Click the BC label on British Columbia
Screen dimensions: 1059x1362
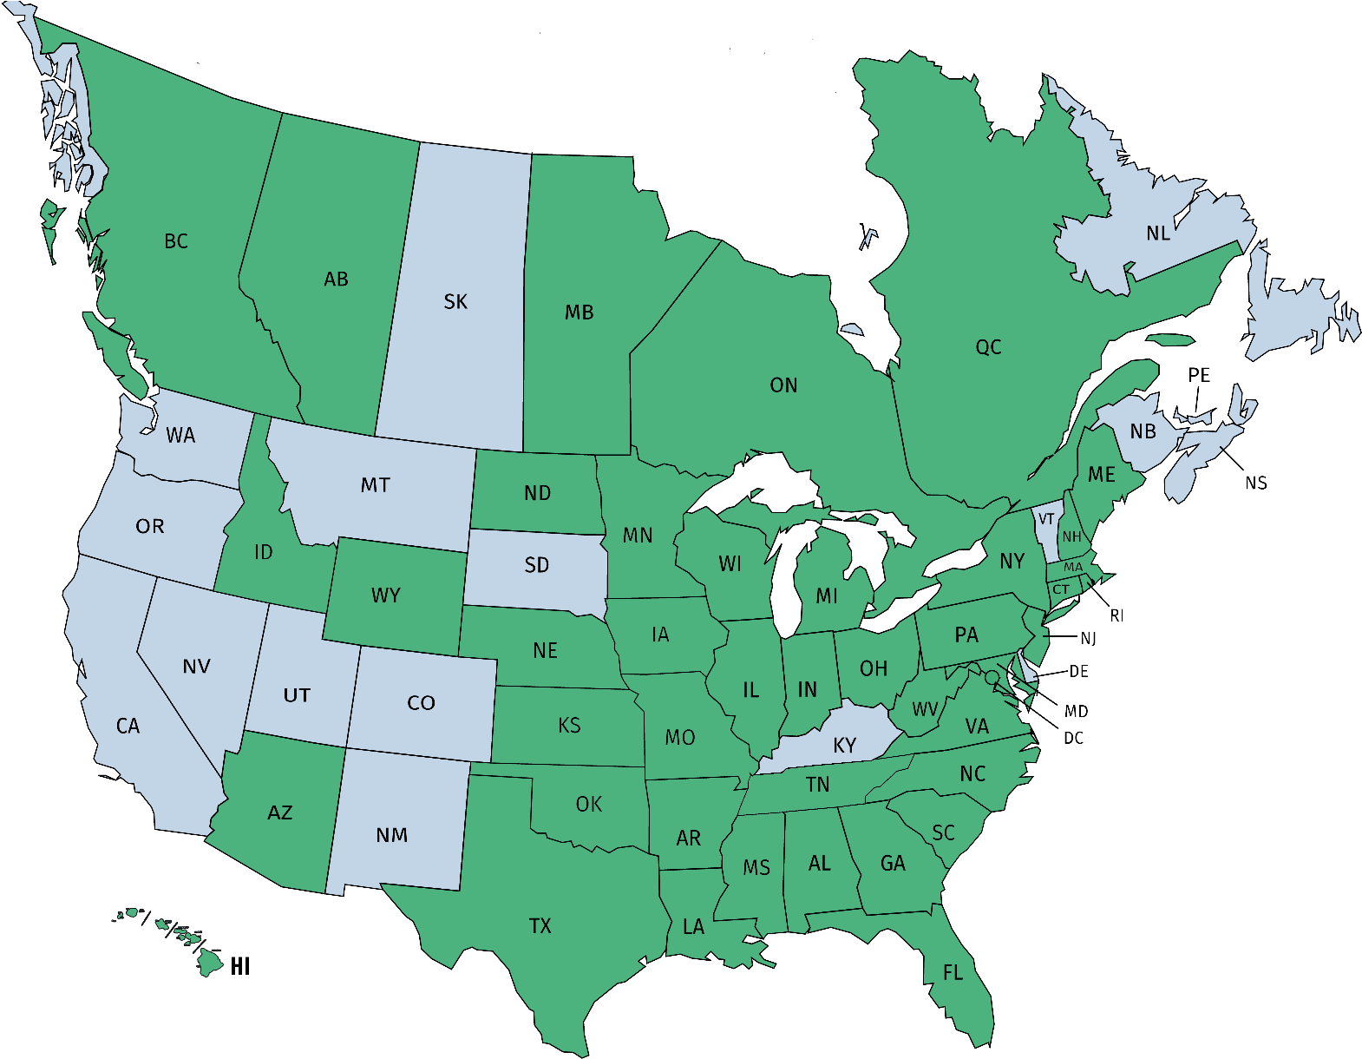click(x=176, y=241)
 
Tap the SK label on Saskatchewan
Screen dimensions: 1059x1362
click(x=455, y=302)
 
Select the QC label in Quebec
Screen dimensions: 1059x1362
click(x=988, y=347)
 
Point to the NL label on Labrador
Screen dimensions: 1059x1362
click(x=1158, y=234)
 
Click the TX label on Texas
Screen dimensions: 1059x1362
click(x=540, y=926)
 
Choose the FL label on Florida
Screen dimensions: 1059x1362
click(x=953, y=973)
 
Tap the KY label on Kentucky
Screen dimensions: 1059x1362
click(x=844, y=746)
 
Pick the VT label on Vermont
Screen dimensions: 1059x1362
click(x=1046, y=519)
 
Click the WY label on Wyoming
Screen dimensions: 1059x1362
click(x=386, y=595)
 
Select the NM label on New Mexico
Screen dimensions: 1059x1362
click(x=392, y=835)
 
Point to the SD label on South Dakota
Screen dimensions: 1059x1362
click(x=537, y=566)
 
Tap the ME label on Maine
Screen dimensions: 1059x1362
click(x=1102, y=475)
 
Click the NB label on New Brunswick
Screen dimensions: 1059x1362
click(x=1143, y=431)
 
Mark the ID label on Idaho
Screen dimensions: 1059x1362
click(x=264, y=552)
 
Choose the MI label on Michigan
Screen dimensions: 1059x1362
click(x=827, y=596)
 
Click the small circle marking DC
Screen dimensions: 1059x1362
click(x=991, y=676)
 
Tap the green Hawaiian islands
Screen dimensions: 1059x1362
click(x=208, y=959)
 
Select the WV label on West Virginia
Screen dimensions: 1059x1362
click(x=925, y=709)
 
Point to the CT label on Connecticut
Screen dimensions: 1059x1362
click(x=1062, y=590)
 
